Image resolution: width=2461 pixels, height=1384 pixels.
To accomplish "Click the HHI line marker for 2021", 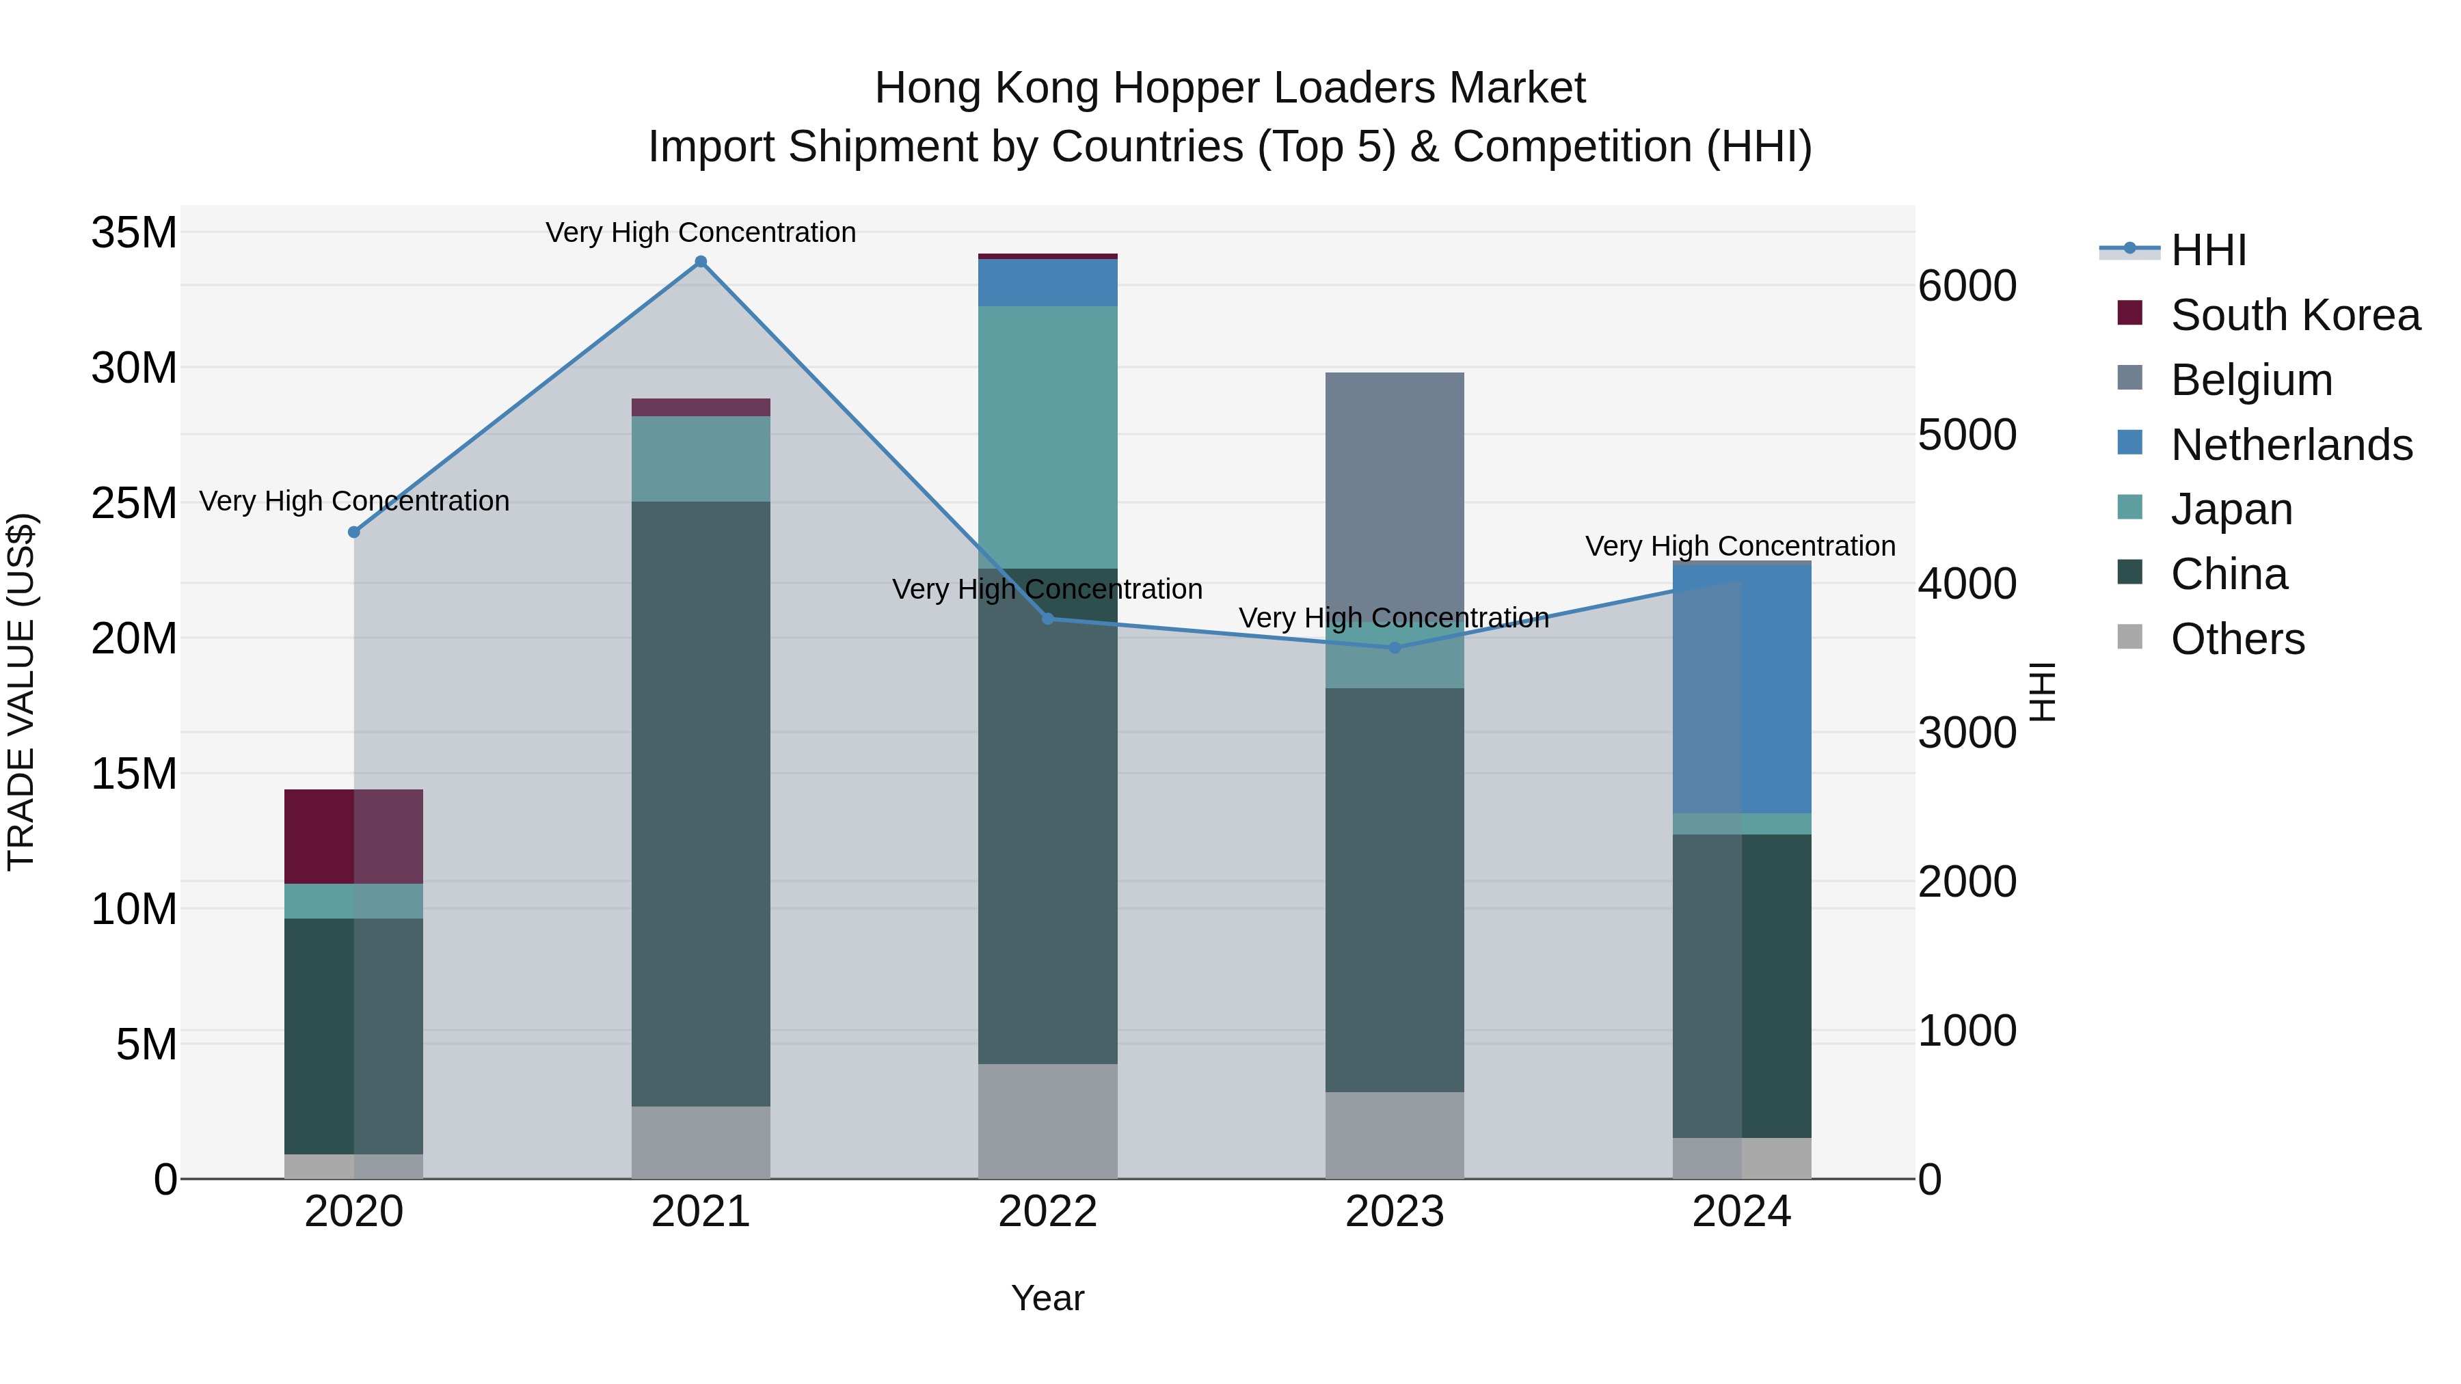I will [700, 262].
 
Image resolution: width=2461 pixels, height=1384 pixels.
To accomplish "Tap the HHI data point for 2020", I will [353, 532].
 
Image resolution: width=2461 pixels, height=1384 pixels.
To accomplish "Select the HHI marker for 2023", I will [1394, 648].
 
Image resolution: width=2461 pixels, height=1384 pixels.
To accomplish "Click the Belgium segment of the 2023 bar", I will [1394, 487].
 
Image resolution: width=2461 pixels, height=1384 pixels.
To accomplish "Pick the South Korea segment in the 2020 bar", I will [353, 836].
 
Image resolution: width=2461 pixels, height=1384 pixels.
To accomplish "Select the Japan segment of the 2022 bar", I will [1047, 437].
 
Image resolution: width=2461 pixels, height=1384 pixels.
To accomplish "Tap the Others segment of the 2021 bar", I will [700, 1141].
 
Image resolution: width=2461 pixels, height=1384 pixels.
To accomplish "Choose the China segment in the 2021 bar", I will [700, 802].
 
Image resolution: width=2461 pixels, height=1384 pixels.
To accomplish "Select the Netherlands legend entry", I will [2291, 445].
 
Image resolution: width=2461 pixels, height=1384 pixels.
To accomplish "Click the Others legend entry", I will [2237, 639].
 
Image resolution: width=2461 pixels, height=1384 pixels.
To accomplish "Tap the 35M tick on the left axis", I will [134, 233].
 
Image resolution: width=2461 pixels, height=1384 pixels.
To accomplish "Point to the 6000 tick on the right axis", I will [1967, 286].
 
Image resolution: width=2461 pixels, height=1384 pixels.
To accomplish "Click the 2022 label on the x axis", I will [1047, 1212].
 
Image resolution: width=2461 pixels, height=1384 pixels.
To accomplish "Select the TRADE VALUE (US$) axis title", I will [21, 692].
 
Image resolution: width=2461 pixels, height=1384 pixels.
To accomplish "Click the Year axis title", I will [1047, 1298].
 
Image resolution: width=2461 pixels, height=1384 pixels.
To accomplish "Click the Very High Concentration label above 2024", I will [1740, 546].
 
